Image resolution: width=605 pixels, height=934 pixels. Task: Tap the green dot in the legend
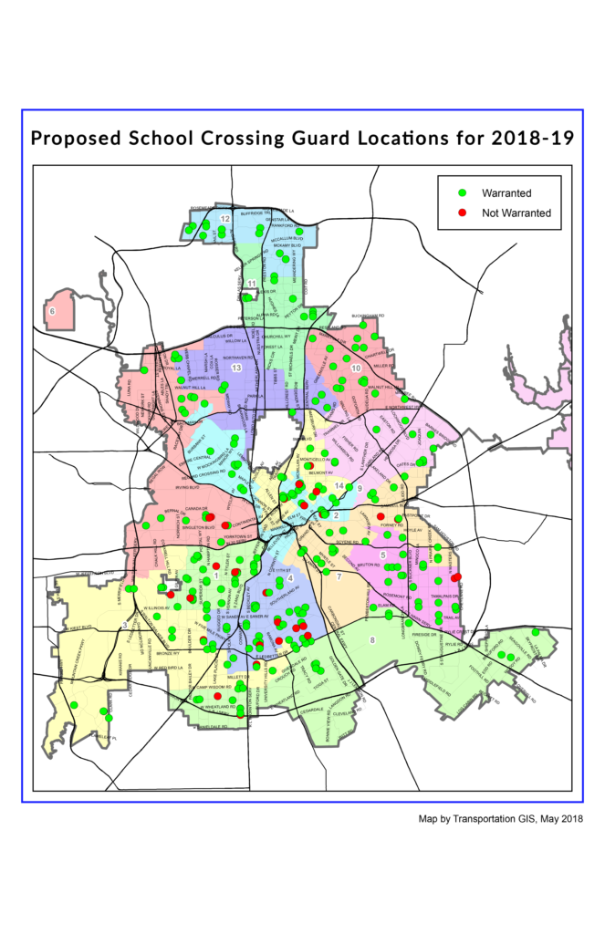(x=463, y=193)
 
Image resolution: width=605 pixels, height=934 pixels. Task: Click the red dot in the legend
(x=463, y=213)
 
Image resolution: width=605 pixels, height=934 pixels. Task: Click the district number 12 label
(x=224, y=219)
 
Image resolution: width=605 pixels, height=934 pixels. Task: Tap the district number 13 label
(x=235, y=367)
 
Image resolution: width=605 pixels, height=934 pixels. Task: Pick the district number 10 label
(x=355, y=368)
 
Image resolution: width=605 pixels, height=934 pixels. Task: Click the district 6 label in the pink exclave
(x=52, y=311)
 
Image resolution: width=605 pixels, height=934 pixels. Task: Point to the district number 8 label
(x=372, y=639)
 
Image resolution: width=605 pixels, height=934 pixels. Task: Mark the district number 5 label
(x=382, y=555)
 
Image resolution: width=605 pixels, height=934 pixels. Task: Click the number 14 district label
(x=339, y=486)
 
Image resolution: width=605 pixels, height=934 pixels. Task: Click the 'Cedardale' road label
(x=312, y=709)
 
